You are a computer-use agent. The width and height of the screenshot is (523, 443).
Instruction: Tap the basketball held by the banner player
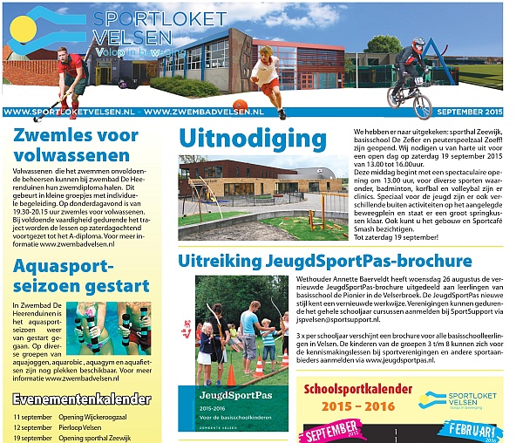[x=239, y=81]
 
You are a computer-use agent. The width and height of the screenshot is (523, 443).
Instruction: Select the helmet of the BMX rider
[x=418, y=44]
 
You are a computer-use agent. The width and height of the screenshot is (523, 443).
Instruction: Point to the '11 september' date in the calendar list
[x=32, y=417]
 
